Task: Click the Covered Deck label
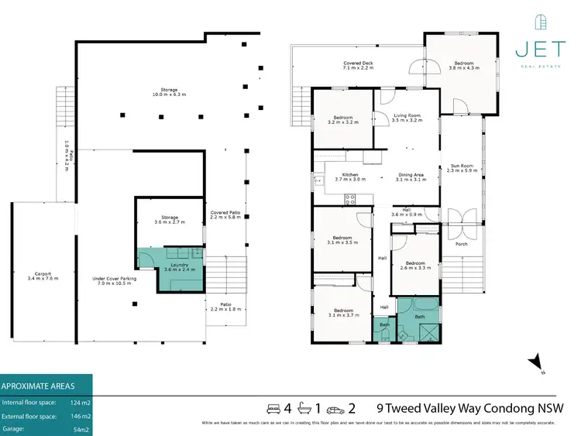[358, 66]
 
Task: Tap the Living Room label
[385, 118]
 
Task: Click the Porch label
[461, 245]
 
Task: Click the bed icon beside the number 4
[272, 407]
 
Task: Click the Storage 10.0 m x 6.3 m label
[168, 94]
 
